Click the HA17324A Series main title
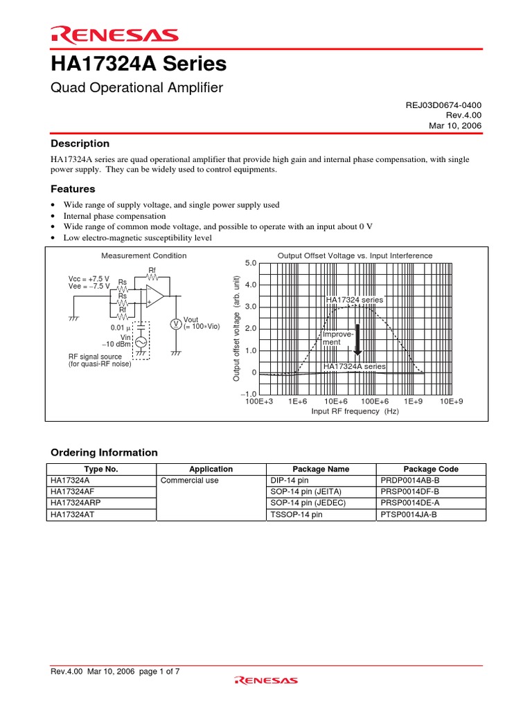(x=139, y=64)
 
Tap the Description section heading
(x=80, y=143)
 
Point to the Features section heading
(x=73, y=189)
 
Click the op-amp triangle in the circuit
(x=154, y=296)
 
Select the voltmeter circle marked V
(x=176, y=324)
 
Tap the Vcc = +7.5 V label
(x=84, y=278)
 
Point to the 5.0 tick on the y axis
(x=251, y=263)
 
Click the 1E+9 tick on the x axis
(x=413, y=402)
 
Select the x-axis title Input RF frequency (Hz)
(x=355, y=411)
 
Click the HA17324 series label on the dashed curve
(x=353, y=300)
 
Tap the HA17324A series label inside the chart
(x=355, y=366)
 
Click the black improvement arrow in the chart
(x=358, y=339)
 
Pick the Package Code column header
(x=431, y=469)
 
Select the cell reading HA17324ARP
(x=74, y=503)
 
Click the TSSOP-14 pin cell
(x=296, y=515)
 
